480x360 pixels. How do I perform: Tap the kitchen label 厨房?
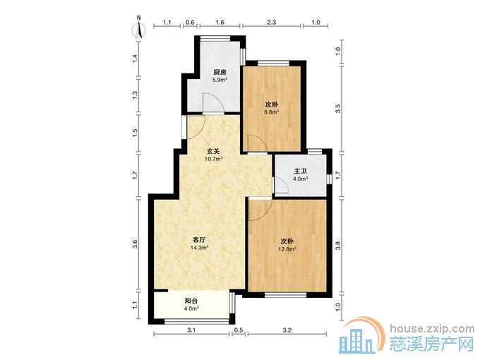tap(220, 73)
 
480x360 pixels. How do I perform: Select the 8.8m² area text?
tap(272, 112)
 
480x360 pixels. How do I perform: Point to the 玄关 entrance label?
tap(213, 151)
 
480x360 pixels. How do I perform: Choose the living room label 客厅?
tap(199, 239)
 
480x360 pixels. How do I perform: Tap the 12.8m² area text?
tap(287, 249)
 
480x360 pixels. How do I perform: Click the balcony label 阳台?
tap(191, 301)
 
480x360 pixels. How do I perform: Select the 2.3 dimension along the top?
tap(272, 22)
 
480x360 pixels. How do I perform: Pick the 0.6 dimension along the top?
tap(190, 22)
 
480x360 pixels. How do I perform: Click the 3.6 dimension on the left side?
tap(135, 244)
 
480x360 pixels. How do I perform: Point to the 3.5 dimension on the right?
tap(338, 109)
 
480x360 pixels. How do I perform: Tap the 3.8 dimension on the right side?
tap(338, 246)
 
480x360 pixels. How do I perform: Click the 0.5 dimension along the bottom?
tap(239, 330)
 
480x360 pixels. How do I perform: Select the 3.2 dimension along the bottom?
tap(287, 330)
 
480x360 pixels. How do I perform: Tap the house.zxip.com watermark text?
tap(432, 329)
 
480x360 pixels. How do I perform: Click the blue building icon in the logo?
tap(358, 342)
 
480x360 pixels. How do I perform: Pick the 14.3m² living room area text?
tap(199, 247)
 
